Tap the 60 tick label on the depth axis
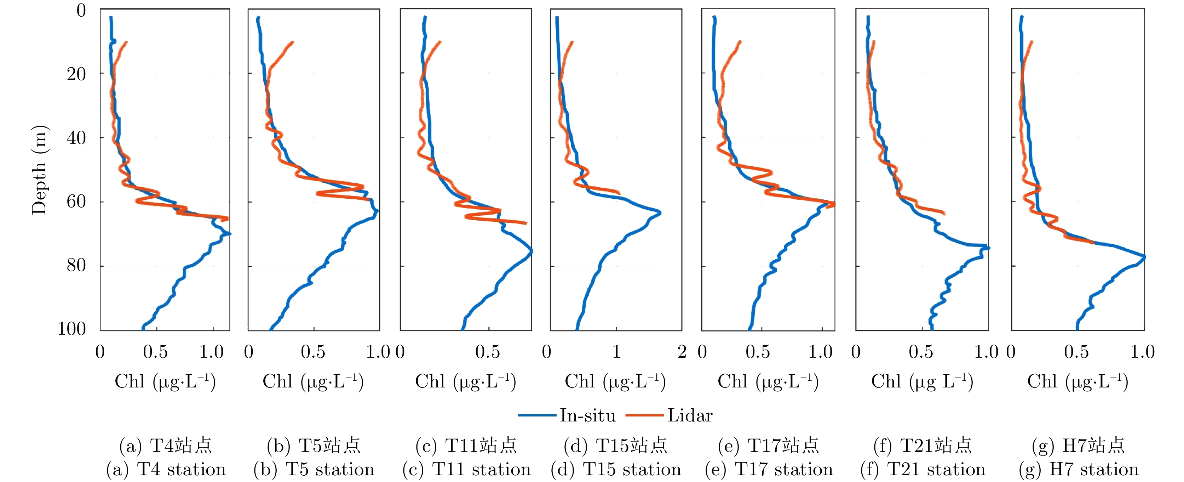click(76, 202)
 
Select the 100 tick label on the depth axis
click(72, 329)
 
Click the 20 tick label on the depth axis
click(76, 74)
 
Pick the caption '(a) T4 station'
click(166, 470)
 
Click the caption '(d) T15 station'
click(616, 470)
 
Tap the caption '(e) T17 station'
click(769, 470)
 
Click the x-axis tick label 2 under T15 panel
click(682, 352)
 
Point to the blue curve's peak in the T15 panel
click(660, 213)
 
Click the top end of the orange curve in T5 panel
click(292, 43)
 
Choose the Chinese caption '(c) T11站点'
click(466, 445)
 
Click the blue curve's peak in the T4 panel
click(229, 234)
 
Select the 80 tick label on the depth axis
click(76, 265)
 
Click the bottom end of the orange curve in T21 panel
click(944, 213)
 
